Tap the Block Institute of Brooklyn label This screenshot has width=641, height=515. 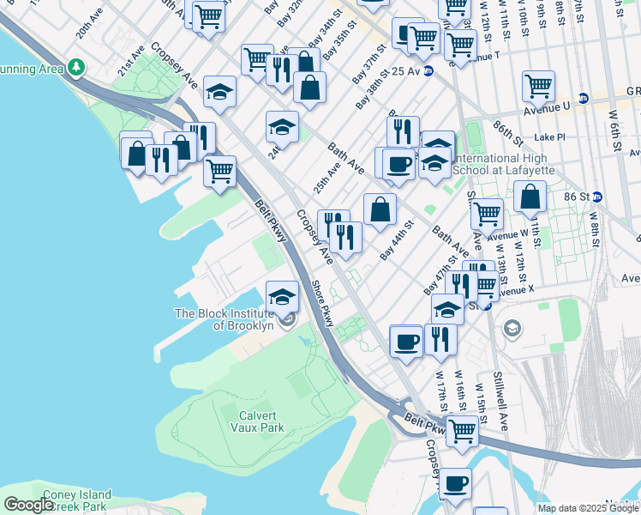[x=225, y=319]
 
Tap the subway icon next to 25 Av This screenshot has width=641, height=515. [x=428, y=70]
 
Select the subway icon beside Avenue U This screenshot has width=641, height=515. [x=583, y=99]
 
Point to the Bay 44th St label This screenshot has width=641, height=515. [x=397, y=241]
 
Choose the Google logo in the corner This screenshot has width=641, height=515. [x=27, y=505]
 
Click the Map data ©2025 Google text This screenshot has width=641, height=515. [x=588, y=508]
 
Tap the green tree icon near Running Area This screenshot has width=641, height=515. [x=76, y=66]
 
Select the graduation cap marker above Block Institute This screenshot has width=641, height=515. [x=282, y=297]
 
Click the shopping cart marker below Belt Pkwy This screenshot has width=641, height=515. [x=462, y=430]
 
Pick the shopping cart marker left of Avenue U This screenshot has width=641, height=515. [x=537, y=85]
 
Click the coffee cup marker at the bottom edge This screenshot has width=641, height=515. [x=456, y=483]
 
